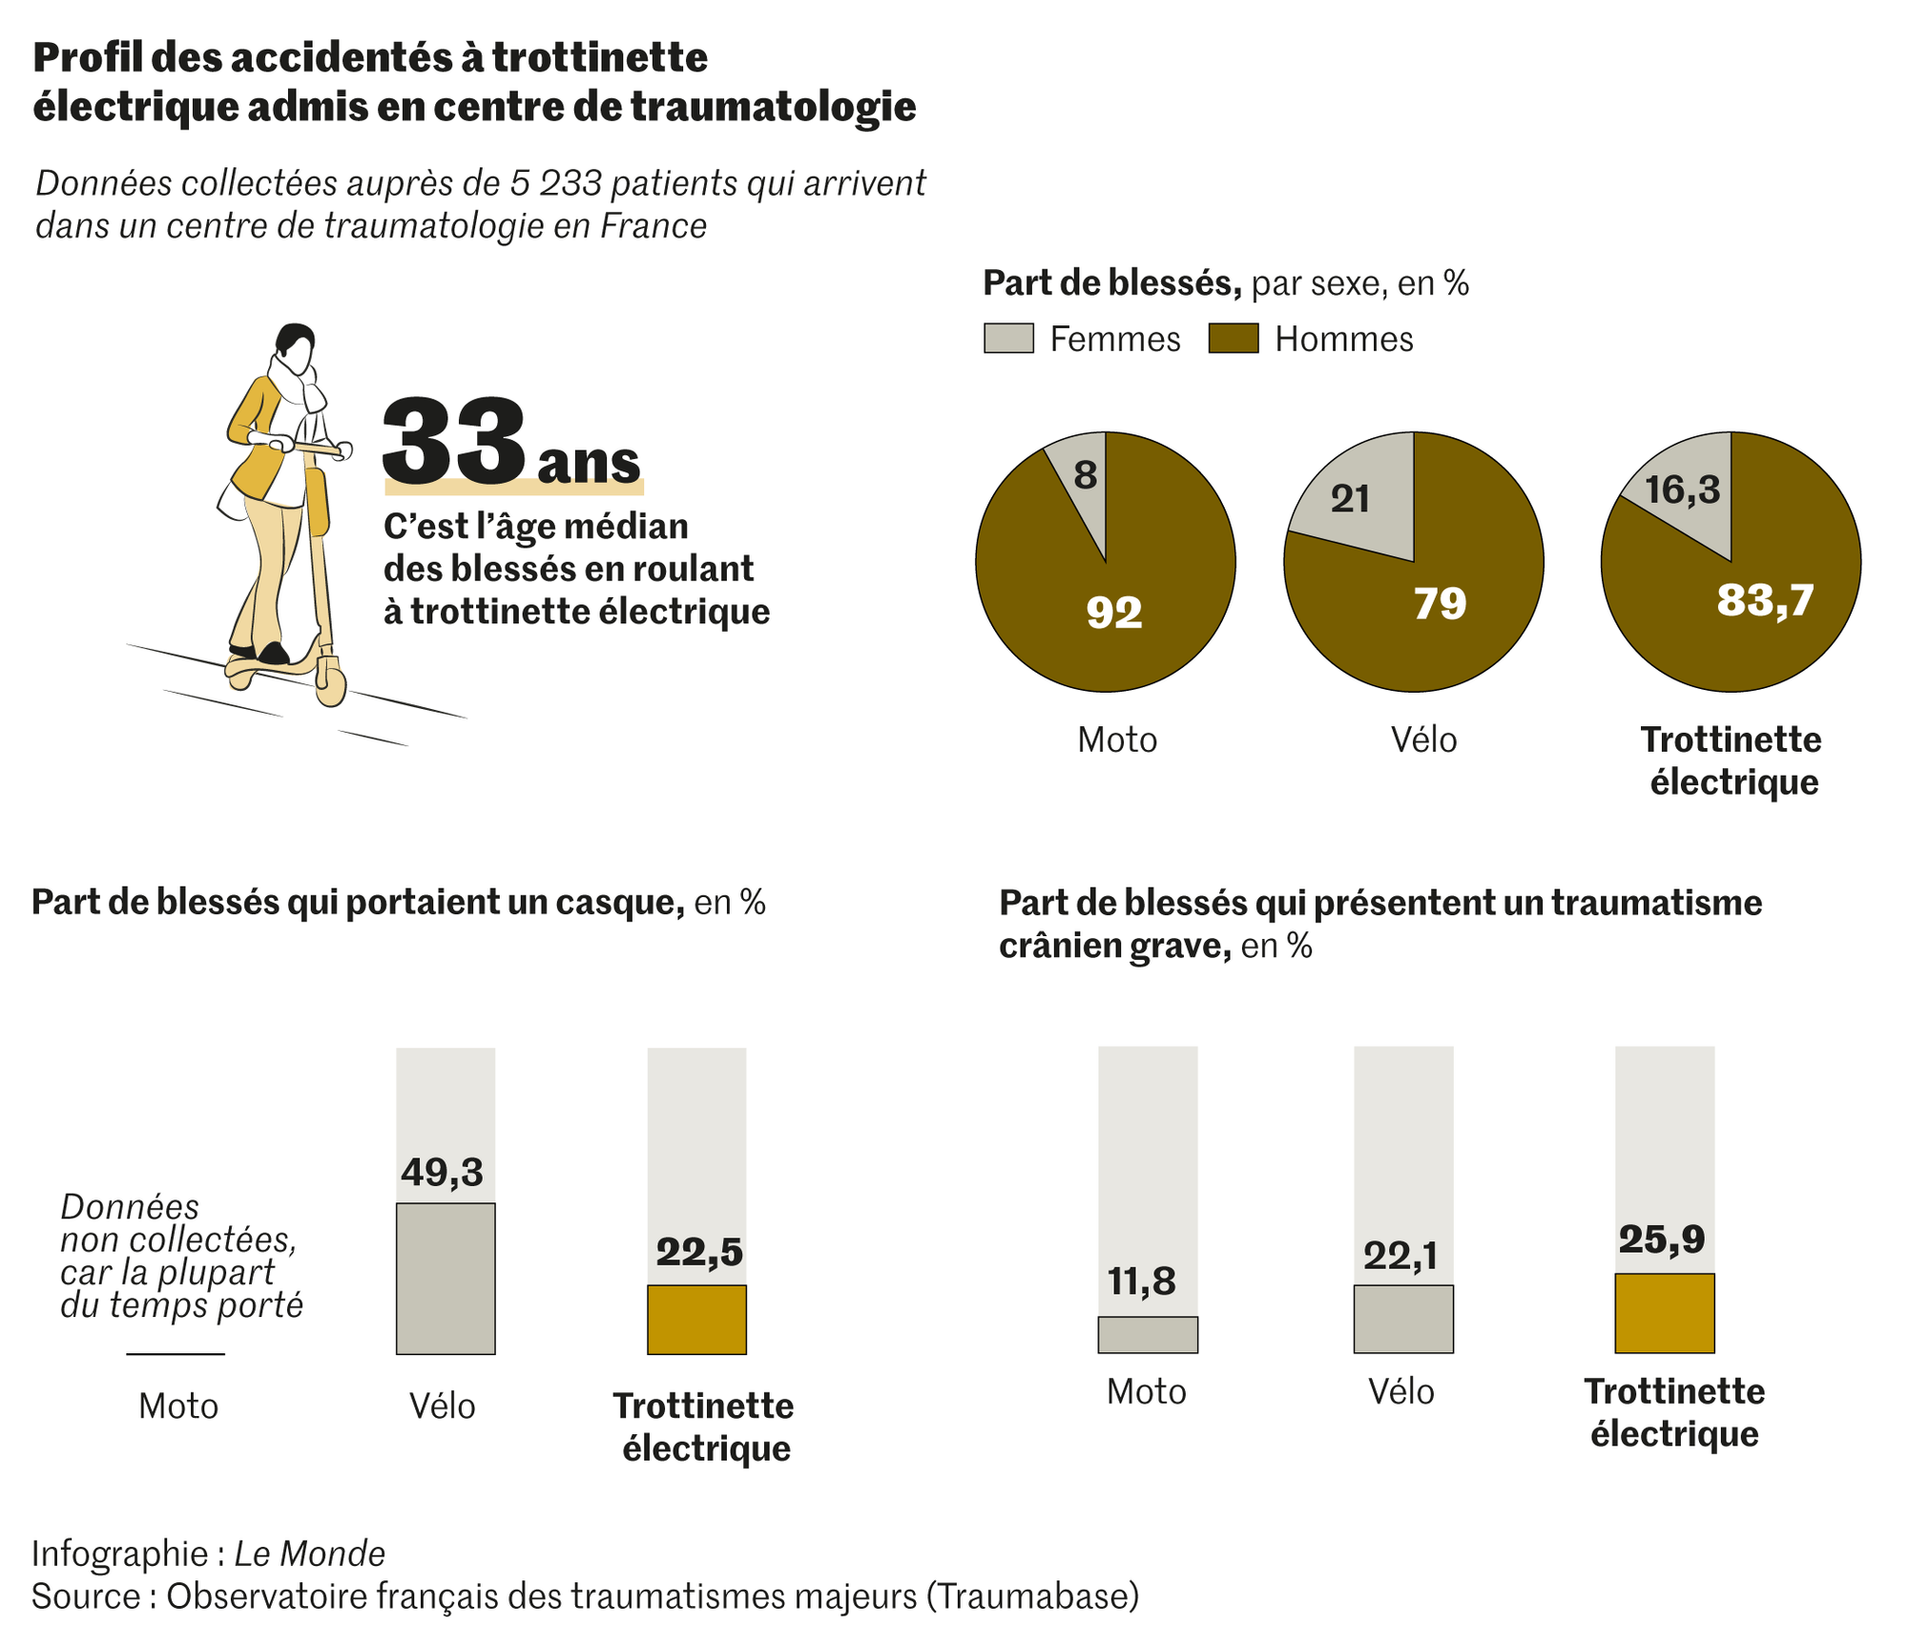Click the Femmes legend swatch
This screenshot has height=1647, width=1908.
point(1008,339)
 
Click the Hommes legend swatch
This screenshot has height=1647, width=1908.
point(1234,339)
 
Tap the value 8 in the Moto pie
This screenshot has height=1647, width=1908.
point(1085,475)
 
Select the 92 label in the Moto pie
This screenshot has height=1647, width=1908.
point(1114,613)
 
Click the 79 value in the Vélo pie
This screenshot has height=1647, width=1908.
point(1440,604)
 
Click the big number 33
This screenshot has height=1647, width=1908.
point(454,440)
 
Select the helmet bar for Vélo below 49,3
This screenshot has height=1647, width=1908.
point(446,1279)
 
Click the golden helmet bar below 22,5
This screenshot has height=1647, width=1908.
point(696,1320)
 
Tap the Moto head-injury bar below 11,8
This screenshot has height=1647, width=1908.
point(1148,1335)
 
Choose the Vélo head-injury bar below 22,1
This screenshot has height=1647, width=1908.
point(1403,1319)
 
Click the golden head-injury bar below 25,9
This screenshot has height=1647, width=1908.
point(1665,1313)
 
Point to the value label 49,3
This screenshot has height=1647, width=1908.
point(443,1173)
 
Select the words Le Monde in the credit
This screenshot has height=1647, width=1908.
point(310,1553)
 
